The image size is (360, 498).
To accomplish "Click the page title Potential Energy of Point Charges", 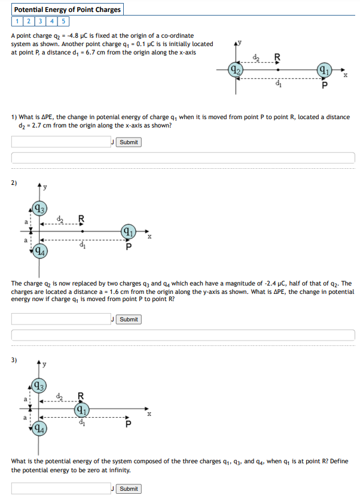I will pyautogui.click(x=67, y=10).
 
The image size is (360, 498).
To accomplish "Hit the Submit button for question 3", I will pyautogui.click(x=129, y=489).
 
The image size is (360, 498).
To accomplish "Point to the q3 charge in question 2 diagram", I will pyautogui.click(x=39, y=209).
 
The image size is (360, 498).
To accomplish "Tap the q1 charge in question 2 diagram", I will pyautogui.click(x=128, y=230).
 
